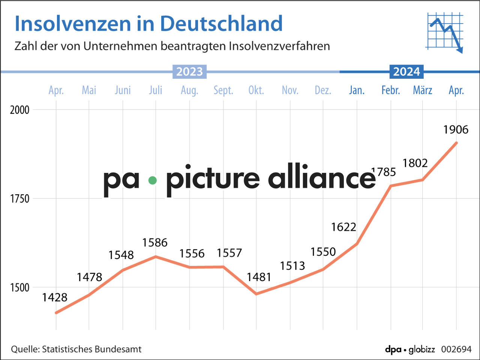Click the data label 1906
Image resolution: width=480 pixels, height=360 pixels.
[x=456, y=130]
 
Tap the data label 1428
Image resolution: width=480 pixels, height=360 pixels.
[x=55, y=297]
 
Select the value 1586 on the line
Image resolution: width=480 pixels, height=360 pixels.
[x=154, y=243]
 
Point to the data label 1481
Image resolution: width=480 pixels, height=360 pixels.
[x=259, y=277]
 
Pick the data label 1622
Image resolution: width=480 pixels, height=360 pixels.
[x=343, y=227]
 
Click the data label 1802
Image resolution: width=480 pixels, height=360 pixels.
[x=415, y=163]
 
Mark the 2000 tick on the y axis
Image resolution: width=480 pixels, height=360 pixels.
[x=19, y=110]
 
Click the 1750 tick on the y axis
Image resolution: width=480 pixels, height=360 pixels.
[x=19, y=199]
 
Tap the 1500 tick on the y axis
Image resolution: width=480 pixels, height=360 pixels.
[x=19, y=288]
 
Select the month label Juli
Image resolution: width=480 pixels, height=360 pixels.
[x=156, y=90]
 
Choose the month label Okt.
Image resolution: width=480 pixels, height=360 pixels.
[x=256, y=90]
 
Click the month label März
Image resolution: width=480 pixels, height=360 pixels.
[x=423, y=90]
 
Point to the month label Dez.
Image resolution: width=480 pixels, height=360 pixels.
[x=323, y=90]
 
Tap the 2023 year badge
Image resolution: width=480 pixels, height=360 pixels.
[x=189, y=72]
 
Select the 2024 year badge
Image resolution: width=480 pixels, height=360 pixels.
[x=406, y=72]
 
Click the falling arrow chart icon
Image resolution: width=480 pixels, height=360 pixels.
[x=445, y=32]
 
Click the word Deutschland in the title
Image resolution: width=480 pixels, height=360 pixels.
[x=221, y=24]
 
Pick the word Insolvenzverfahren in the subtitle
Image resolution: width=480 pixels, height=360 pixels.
[x=279, y=46]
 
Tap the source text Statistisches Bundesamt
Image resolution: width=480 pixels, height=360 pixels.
[x=91, y=349]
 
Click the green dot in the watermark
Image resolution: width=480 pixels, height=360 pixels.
[x=152, y=180]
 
